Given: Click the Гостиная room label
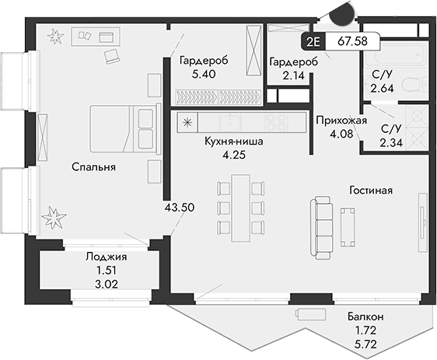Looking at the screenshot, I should coord(369,190).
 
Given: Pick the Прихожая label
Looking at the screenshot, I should coord(336,121).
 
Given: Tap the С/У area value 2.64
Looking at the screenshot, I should coord(383,89).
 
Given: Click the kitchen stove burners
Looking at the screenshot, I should coord(275,121).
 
